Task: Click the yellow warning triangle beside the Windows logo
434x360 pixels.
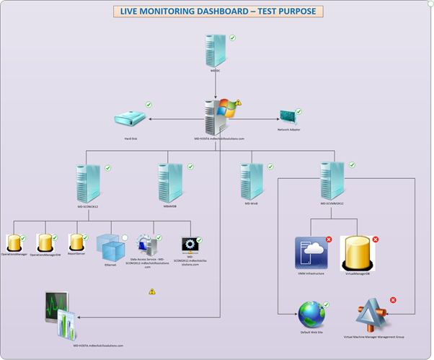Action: tap(239, 103)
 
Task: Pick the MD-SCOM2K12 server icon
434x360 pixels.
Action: tap(88, 183)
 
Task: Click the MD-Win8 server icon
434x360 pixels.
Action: tap(251, 180)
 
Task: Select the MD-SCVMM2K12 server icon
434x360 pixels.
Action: tap(332, 180)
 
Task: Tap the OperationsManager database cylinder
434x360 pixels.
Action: tap(14, 243)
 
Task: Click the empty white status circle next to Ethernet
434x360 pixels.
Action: tap(124, 237)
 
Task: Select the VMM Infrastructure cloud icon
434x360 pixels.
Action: tap(311, 253)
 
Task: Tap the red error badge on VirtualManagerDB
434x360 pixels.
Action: tap(375, 239)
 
